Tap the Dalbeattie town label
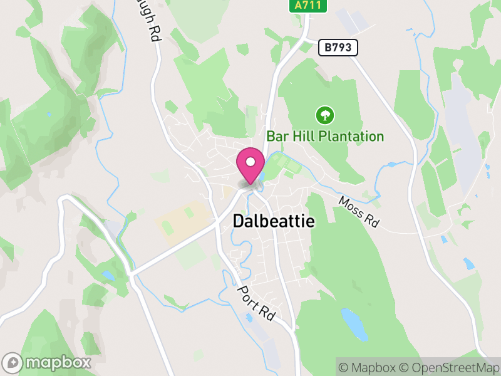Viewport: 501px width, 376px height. [274, 221]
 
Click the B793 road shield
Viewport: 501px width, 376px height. [338, 48]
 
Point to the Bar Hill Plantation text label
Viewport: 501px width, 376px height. [324, 136]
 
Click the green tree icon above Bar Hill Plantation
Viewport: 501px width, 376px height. [324, 115]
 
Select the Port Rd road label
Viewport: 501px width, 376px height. [256, 304]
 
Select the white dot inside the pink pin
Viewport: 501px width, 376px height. [250, 162]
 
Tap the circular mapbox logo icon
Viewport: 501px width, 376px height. [13, 362]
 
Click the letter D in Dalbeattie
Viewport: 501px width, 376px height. [238, 221]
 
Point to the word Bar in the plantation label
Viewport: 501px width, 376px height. [277, 136]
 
